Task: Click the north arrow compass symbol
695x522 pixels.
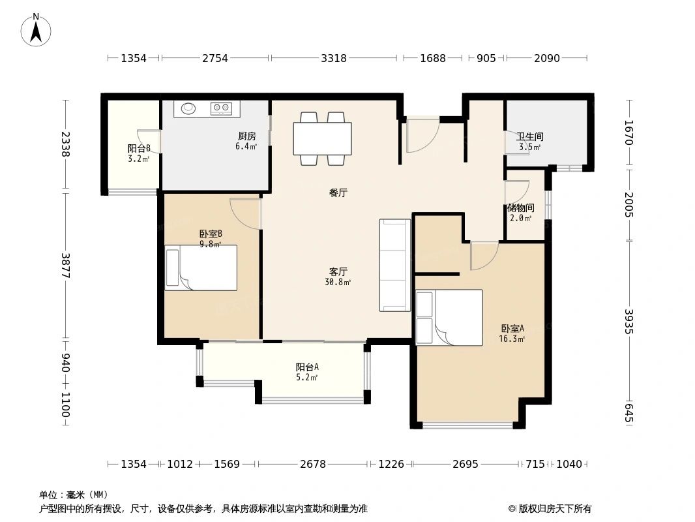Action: click(36, 30)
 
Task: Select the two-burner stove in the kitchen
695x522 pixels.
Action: click(221, 108)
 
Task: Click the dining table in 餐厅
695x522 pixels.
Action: click(322, 138)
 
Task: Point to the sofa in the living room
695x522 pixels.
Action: click(395, 265)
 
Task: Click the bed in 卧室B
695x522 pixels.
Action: click(201, 268)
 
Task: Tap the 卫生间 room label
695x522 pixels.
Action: click(529, 136)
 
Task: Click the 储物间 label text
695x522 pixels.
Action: click(521, 207)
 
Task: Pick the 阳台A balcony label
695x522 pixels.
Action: click(307, 367)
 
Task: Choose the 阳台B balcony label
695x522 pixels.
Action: click(139, 148)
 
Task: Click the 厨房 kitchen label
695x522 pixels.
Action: click(247, 136)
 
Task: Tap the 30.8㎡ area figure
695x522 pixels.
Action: click(338, 282)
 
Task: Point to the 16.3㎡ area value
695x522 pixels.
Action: click(512, 339)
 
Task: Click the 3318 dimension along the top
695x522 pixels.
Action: click(334, 58)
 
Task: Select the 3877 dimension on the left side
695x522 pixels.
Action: click(65, 265)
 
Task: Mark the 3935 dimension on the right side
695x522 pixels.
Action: click(629, 321)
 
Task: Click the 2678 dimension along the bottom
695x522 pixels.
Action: click(313, 464)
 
